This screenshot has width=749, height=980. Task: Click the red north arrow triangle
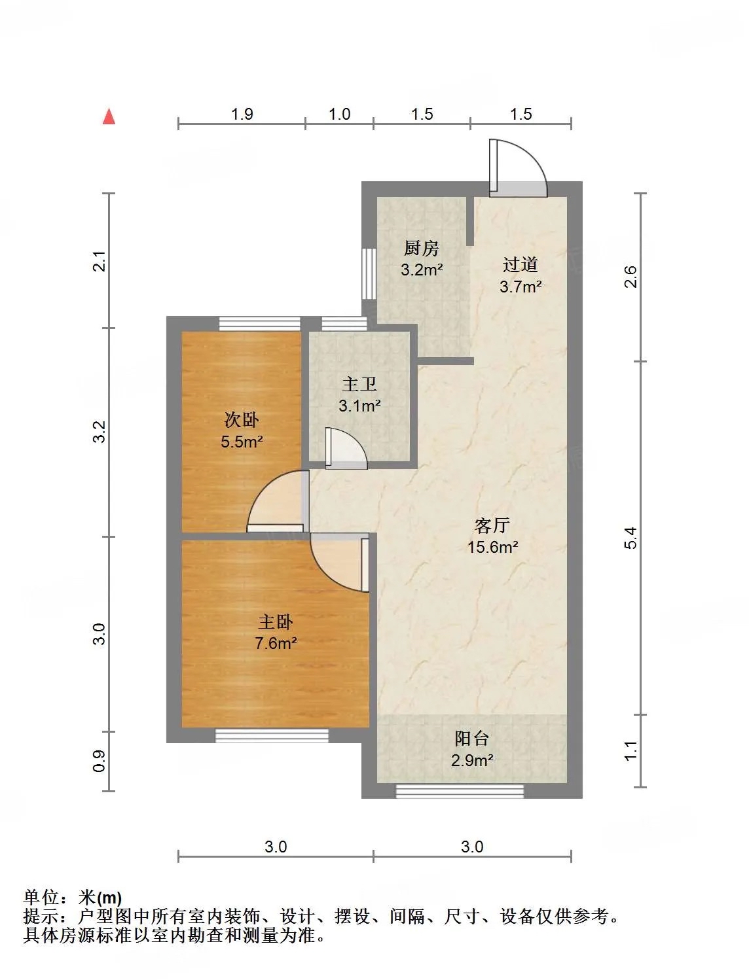point(109,116)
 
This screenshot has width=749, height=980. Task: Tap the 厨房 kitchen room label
point(421,248)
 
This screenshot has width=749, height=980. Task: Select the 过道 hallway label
point(520,265)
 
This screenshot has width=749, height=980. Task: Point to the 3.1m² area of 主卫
point(359,406)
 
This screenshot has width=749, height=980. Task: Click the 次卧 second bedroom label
point(242,420)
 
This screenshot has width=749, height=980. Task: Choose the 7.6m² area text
point(276,643)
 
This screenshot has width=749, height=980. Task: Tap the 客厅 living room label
point(492,526)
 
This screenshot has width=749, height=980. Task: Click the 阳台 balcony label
point(471,739)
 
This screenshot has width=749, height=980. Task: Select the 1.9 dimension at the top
point(242,114)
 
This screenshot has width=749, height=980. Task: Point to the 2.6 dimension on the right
point(630,277)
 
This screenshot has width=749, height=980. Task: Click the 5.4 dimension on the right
point(630,538)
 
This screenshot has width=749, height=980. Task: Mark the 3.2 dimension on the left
point(99,432)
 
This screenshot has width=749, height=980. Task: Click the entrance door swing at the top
point(518,168)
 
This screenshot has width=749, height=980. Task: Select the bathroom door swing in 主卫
point(346,448)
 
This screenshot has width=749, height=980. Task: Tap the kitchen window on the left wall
point(369,273)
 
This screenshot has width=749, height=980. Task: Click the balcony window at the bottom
point(460,792)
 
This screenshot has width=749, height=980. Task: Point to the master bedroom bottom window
point(272,736)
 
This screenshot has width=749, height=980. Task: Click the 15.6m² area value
point(492,547)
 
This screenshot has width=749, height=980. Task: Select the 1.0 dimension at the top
point(339,114)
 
